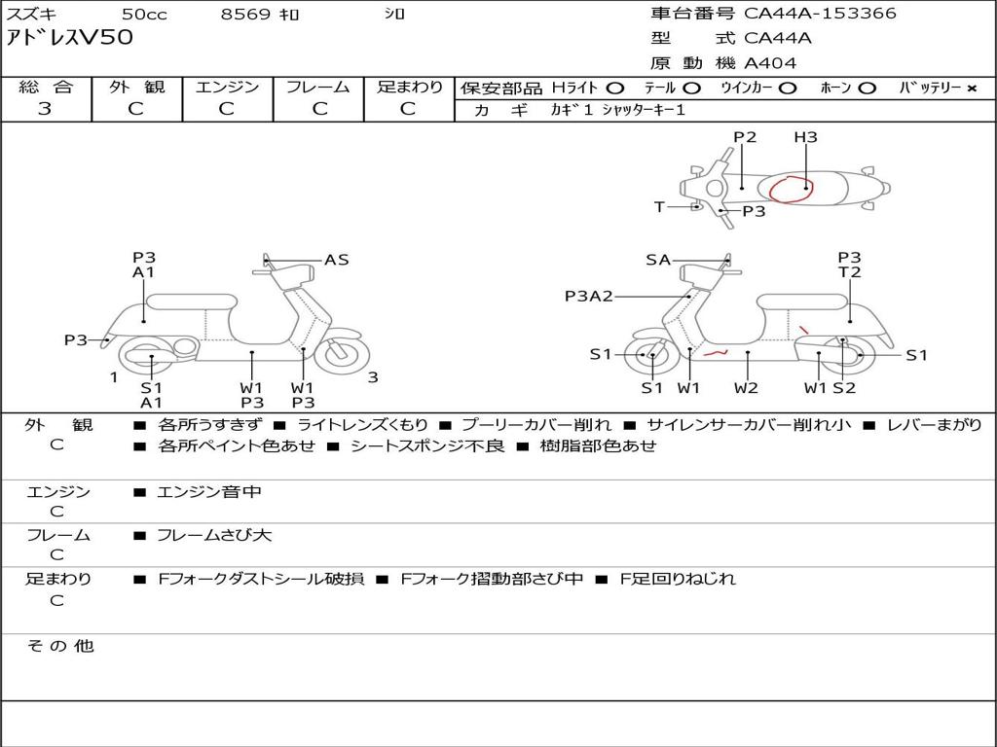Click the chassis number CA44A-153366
pyautogui.click(x=820, y=14)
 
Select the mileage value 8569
pyautogui.click(x=245, y=15)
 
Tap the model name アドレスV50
pyautogui.click(x=69, y=39)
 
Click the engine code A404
pyautogui.click(x=770, y=63)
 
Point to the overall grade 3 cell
pyautogui.click(x=45, y=109)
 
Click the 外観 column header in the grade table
pyautogui.click(x=136, y=87)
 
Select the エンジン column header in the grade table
pyautogui.click(x=227, y=87)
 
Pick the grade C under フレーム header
pyautogui.click(x=319, y=109)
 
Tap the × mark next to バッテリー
pyautogui.click(x=971, y=88)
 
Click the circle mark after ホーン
pyautogui.click(x=867, y=88)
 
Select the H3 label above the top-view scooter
pyautogui.click(x=805, y=137)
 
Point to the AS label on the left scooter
pyautogui.click(x=336, y=260)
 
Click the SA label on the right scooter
pyautogui.click(x=658, y=260)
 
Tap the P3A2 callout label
pyautogui.click(x=588, y=296)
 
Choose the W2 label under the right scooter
pyautogui.click(x=747, y=388)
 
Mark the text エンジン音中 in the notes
pyautogui.click(x=209, y=492)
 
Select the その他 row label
pyautogui.click(x=60, y=646)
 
